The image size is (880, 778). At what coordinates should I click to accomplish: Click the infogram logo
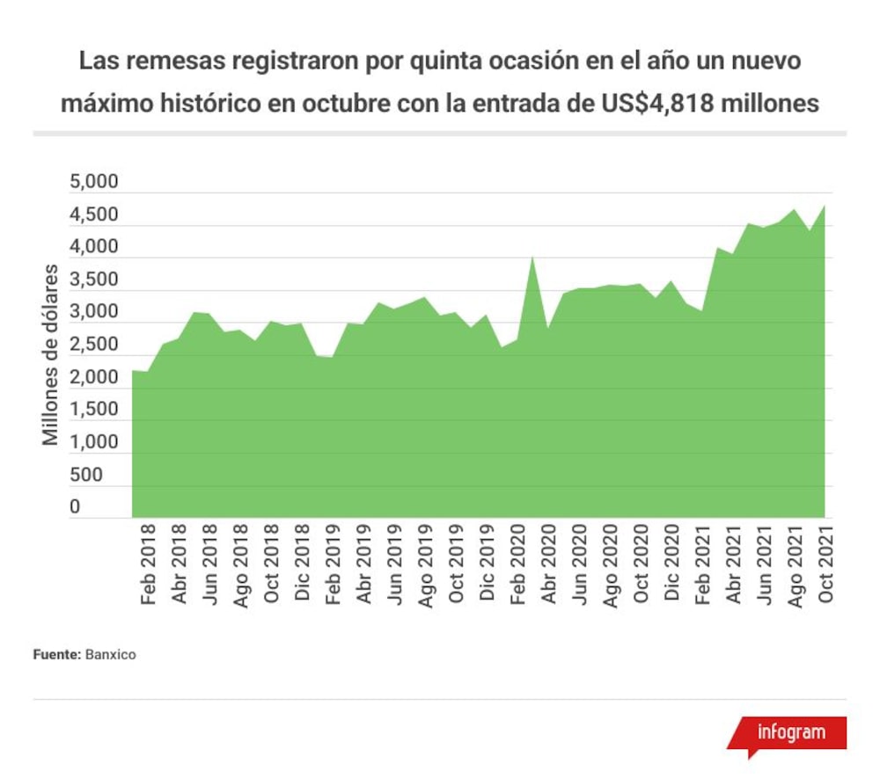(788, 734)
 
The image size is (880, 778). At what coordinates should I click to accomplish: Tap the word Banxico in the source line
(111, 655)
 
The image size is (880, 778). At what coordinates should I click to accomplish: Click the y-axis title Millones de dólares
(50, 355)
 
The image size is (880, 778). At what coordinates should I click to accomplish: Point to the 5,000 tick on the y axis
(94, 182)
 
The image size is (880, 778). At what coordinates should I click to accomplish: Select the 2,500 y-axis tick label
(94, 344)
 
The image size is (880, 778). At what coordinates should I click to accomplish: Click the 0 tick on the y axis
(75, 506)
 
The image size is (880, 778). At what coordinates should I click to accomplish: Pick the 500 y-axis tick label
(86, 475)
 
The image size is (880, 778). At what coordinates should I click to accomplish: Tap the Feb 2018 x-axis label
(148, 564)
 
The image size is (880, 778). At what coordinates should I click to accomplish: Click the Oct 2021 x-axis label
(825, 564)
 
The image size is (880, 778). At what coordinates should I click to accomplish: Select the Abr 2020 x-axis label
(548, 564)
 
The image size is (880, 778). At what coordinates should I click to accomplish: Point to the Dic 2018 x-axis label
(302, 563)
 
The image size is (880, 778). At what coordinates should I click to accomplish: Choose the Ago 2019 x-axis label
(425, 566)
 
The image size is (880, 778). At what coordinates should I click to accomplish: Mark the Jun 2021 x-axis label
(764, 564)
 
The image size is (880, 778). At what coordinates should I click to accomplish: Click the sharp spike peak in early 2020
(532, 258)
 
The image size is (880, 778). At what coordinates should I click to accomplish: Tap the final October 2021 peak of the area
(825, 206)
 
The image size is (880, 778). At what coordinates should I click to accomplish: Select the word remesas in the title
(176, 61)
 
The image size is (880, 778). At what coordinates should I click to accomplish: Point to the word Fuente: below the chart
(57, 655)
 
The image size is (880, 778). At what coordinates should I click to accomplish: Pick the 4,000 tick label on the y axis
(94, 247)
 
